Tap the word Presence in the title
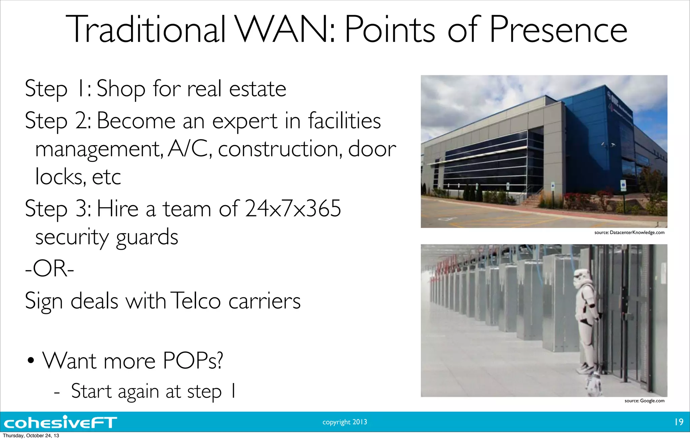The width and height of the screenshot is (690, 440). (558, 30)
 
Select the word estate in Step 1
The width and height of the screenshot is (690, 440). (257, 89)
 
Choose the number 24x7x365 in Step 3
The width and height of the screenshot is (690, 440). (293, 209)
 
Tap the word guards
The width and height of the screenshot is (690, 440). (147, 238)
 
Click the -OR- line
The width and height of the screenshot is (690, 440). (50, 269)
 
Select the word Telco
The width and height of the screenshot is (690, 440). (195, 301)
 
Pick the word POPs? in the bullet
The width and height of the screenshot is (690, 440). (193, 361)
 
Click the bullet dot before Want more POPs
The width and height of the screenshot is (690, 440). (31, 361)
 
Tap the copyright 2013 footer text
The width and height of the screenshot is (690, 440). (345, 422)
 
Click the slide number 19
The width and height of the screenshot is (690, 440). (679, 422)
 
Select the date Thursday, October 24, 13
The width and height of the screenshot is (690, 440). (31, 436)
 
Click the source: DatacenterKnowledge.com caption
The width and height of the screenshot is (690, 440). (629, 232)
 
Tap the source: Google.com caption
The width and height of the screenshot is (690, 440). (644, 401)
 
